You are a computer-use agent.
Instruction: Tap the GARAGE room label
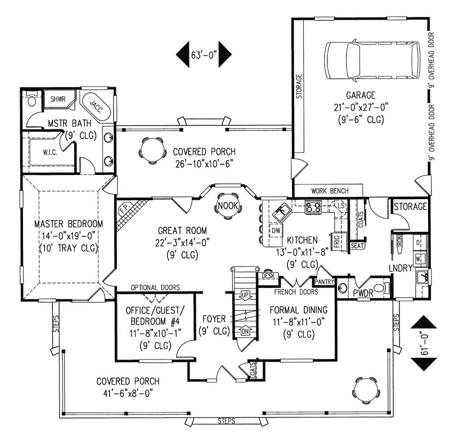(360, 95)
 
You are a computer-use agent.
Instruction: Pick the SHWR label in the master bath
(58, 100)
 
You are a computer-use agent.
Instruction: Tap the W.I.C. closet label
(51, 152)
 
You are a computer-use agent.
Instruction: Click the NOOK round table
(227, 206)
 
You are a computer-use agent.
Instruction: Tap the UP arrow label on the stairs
(245, 295)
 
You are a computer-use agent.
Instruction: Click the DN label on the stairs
(245, 331)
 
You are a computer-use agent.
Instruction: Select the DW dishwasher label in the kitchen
(276, 231)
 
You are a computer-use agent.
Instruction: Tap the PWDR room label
(361, 293)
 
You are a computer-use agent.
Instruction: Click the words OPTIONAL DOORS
(155, 287)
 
